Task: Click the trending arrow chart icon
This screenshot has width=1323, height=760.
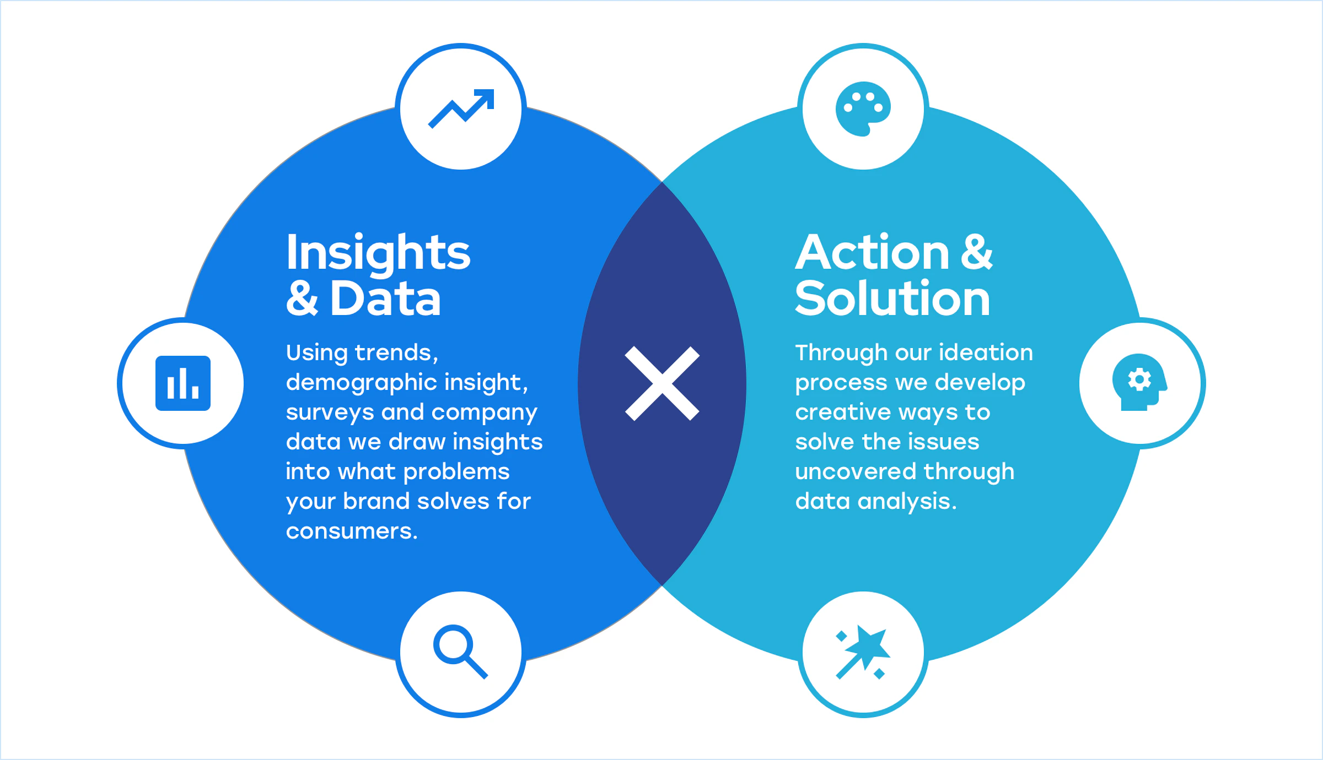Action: (461, 108)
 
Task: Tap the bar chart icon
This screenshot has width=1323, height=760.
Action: (183, 383)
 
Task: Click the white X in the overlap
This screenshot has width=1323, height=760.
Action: (662, 383)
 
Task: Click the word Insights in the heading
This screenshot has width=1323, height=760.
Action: (378, 253)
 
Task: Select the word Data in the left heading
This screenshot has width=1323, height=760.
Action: (385, 298)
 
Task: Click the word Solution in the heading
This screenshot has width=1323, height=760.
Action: (892, 298)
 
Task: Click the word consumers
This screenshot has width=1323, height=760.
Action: (351, 531)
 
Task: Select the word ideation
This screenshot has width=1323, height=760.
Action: (986, 352)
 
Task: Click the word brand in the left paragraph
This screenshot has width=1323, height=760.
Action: (377, 502)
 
